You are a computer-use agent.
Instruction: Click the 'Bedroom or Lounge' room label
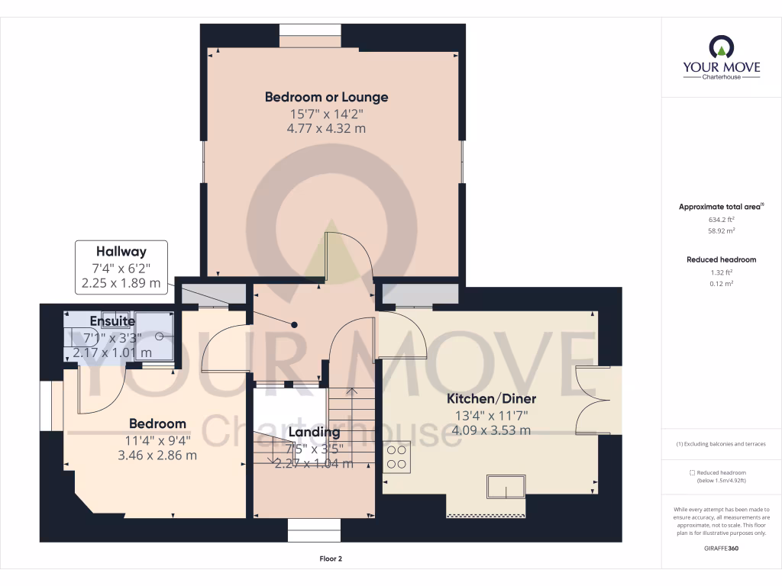(326, 97)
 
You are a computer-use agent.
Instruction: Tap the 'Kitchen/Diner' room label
(491, 399)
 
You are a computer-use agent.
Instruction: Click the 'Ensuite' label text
(112, 321)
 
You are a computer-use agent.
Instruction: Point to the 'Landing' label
(314, 433)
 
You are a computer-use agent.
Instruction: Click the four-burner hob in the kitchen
(396, 456)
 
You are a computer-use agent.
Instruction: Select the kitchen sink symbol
(507, 486)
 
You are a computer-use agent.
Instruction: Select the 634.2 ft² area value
(721, 218)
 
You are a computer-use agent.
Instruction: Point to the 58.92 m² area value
(721, 230)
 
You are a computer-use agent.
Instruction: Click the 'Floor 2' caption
(331, 559)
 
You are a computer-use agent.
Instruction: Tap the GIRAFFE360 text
(721, 549)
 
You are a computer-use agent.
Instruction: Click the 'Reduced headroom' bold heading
(721, 259)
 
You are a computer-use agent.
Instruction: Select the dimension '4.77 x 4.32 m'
(326, 128)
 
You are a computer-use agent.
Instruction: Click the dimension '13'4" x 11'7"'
(491, 416)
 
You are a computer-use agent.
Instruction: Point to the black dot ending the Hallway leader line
(294, 325)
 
